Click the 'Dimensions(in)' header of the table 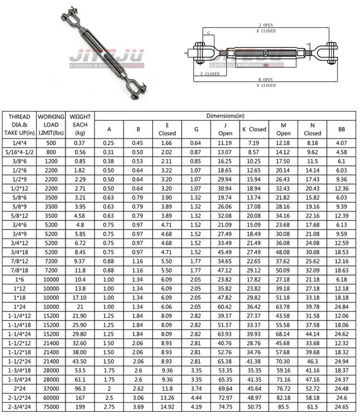225,116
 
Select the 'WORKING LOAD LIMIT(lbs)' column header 51,124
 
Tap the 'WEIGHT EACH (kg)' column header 80,124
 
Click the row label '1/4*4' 19,143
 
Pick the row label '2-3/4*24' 19,407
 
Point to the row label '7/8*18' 19,271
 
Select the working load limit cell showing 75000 51,407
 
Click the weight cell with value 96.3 80,389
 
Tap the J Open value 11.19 225,143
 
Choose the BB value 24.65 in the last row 341,407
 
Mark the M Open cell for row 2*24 284,389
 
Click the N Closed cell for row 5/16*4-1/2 312,152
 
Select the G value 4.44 196,398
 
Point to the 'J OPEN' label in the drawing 265,25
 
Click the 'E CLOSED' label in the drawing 210,74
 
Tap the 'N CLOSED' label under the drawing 266,86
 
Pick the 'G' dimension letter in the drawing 208,34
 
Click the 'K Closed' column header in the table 254,129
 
